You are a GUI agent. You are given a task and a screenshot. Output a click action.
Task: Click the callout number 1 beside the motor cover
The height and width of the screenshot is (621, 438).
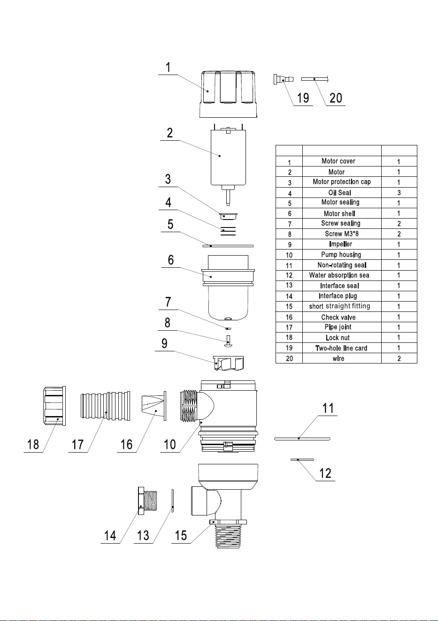pyautogui.click(x=168, y=68)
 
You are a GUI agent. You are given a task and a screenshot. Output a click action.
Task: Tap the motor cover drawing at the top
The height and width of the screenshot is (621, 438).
pyautogui.click(x=228, y=94)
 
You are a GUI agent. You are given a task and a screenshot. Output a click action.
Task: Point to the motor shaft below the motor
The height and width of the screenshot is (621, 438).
pyautogui.click(x=228, y=197)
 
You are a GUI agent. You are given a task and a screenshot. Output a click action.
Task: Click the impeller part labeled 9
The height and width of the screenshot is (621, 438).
pyautogui.click(x=229, y=363)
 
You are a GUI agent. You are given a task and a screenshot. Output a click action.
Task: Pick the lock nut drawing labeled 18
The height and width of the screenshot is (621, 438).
pyautogui.click(x=54, y=406)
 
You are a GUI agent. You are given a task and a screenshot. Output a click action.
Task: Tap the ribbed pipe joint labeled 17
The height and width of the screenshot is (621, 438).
pyautogui.click(x=105, y=406)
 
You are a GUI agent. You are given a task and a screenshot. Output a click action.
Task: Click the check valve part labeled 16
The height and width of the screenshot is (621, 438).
pyautogui.click(x=154, y=406)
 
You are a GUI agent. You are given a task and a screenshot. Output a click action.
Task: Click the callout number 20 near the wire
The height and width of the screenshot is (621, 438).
pyautogui.click(x=336, y=98)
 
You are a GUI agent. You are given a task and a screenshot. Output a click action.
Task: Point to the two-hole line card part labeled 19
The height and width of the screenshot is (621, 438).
pyautogui.click(x=284, y=79)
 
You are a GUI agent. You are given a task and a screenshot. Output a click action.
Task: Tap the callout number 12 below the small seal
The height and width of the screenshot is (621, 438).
pyautogui.click(x=325, y=473)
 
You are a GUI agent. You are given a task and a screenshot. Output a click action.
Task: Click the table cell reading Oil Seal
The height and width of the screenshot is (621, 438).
pyautogui.click(x=339, y=193)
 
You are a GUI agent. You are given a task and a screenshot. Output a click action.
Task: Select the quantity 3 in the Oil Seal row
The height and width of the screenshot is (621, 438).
pyautogui.click(x=399, y=193)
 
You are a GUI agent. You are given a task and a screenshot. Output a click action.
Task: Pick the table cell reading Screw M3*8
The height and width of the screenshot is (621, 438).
pyautogui.click(x=342, y=234)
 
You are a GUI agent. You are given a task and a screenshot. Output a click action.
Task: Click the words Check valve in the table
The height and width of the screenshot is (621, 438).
pyautogui.click(x=338, y=317)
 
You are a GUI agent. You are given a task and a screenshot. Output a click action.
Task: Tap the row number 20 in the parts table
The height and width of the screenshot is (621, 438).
pyautogui.click(x=289, y=358)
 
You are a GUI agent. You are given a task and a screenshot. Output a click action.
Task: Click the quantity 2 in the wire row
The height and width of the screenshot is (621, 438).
pyautogui.click(x=399, y=358)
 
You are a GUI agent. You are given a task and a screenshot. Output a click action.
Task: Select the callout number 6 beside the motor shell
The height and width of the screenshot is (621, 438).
pyautogui.click(x=171, y=260)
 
